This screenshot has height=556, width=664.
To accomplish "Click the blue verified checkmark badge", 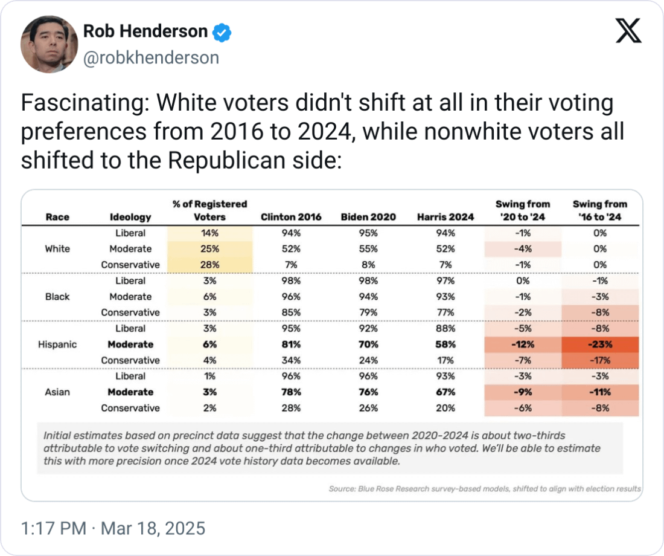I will click(222, 31).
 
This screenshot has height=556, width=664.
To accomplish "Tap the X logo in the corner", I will click(628, 31).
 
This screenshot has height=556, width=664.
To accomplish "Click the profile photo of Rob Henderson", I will click(49, 44).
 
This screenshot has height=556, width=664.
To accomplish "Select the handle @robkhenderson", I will click(150, 57).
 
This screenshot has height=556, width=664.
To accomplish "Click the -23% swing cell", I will click(599, 344).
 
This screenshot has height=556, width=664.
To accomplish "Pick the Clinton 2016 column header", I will click(291, 217).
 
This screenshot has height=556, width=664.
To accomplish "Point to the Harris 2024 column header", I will click(445, 217).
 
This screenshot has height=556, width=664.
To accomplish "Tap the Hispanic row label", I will click(57, 344).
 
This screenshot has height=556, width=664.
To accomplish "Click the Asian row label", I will click(57, 392).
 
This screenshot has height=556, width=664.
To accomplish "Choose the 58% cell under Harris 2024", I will click(445, 344).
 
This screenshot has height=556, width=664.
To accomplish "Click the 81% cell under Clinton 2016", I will click(291, 344).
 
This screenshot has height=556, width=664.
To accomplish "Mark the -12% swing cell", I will click(523, 344).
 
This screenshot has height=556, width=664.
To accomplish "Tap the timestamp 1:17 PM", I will click(53, 529).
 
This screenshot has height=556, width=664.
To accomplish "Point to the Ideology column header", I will click(130, 217).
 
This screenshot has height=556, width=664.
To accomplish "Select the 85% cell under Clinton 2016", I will click(291, 312).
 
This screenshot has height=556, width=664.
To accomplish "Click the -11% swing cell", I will click(599, 392).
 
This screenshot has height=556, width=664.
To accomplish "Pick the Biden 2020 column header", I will click(368, 217).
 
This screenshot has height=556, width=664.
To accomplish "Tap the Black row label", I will click(57, 297).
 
